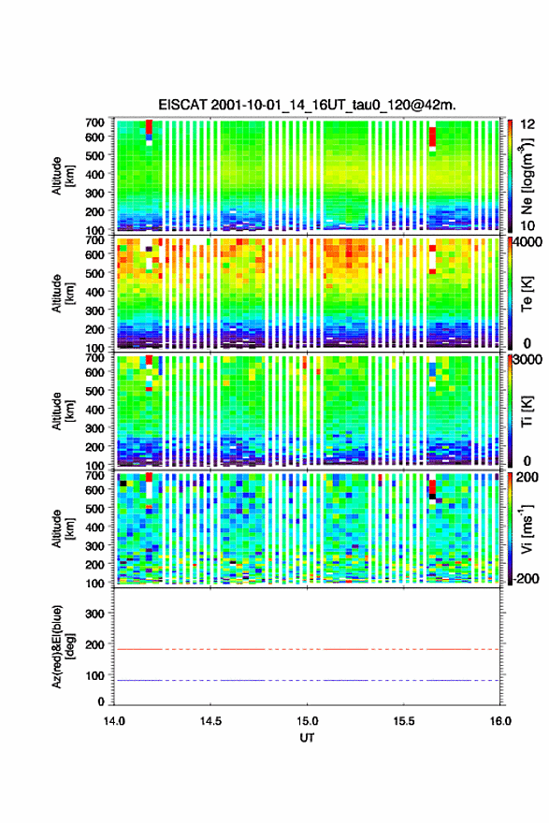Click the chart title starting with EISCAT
(307, 105)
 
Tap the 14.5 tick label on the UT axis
(210, 721)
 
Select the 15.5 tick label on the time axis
(404, 721)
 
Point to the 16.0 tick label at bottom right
(500, 721)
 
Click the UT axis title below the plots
(307, 738)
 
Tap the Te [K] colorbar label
(527, 295)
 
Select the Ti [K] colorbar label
(527, 411)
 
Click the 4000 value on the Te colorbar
(527, 244)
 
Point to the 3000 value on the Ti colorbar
(527, 359)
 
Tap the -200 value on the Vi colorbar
(526, 578)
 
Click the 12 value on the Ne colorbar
(527, 124)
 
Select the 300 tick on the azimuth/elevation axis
(94, 614)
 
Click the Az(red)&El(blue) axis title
(62, 646)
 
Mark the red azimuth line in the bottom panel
(307, 649)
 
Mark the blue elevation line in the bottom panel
(307, 680)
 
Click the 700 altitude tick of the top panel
(94, 123)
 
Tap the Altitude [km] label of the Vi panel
(63, 528)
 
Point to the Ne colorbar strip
(510, 176)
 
